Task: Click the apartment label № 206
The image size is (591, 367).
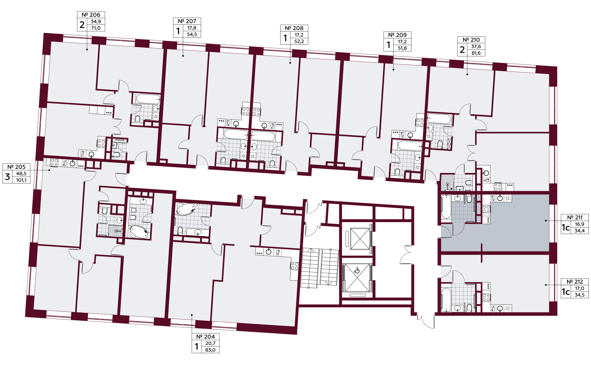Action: [91, 15]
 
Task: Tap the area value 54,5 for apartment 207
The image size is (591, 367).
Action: [192, 34]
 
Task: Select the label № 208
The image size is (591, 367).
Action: [294, 28]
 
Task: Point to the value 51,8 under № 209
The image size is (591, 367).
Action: [402, 48]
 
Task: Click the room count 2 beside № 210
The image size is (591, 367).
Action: [462, 50]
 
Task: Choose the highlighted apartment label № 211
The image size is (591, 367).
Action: [575, 218]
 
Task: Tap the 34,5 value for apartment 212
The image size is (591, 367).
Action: [579, 295]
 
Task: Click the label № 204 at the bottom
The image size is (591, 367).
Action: [205, 337]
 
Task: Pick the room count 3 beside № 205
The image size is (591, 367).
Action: [8, 176]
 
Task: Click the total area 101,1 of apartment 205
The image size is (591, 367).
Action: [21, 180]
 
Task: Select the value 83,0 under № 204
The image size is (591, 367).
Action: [210, 350]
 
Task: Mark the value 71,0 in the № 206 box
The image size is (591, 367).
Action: [96, 28]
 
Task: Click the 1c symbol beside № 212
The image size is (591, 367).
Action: [566, 292]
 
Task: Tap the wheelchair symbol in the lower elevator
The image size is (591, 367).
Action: [357, 271]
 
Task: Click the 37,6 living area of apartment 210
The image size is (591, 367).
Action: [476, 47]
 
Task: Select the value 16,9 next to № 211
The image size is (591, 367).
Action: [579, 224]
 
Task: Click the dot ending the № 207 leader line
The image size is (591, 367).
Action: [183, 56]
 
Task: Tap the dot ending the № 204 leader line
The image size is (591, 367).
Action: [192, 315]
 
